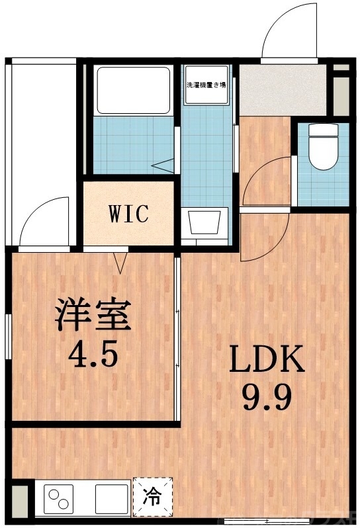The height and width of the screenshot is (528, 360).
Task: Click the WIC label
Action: point(129,214)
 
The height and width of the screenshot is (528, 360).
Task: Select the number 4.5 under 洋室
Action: point(94,355)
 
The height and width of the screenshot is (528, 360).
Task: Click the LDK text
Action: point(266,361)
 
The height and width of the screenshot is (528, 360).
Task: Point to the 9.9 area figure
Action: point(266,397)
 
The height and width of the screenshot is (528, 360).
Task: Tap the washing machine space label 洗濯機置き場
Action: point(206,85)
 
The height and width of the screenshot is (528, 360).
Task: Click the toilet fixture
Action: point(324,147)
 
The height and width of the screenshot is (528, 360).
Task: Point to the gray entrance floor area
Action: point(265,89)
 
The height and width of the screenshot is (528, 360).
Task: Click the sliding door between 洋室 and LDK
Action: point(178,337)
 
